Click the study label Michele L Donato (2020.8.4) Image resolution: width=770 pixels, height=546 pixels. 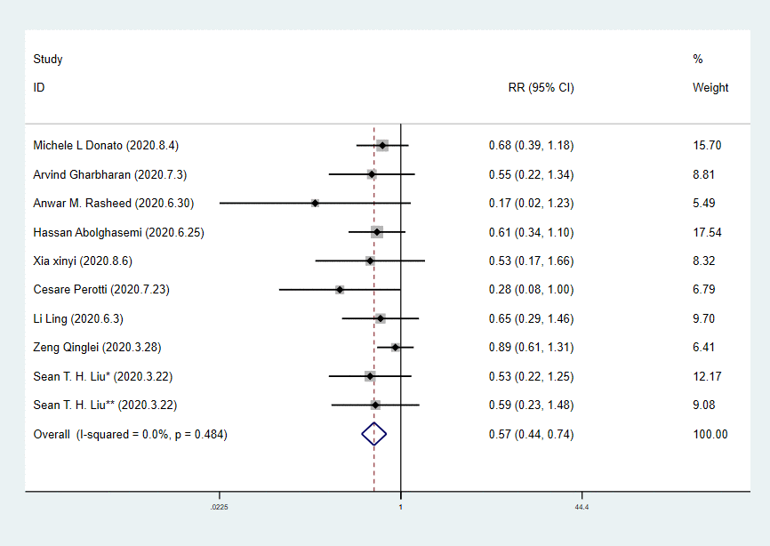click(x=111, y=145)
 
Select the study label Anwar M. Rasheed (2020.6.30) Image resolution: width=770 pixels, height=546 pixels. click(x=113, y=203)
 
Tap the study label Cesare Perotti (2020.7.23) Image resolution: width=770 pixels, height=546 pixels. click(x=100, y=289)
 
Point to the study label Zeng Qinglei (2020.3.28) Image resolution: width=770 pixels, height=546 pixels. click(x=97, y=347)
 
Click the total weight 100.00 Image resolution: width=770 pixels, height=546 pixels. click(x=710, y=434)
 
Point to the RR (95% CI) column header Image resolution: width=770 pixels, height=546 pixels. click(x=541, y=88)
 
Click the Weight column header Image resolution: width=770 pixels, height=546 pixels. click(x=710, y=88)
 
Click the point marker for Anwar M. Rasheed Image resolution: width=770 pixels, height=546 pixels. click(x=316, y=203)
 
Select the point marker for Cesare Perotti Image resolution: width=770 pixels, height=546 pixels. click(x=340, y=289)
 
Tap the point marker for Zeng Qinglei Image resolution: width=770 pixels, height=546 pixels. click(x=396, y=347)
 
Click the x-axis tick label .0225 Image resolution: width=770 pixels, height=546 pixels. click(x=219, y=507)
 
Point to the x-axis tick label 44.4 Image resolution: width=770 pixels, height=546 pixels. click(x=582, y=507)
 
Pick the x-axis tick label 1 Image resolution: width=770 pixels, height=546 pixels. click(x=401, y=507)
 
